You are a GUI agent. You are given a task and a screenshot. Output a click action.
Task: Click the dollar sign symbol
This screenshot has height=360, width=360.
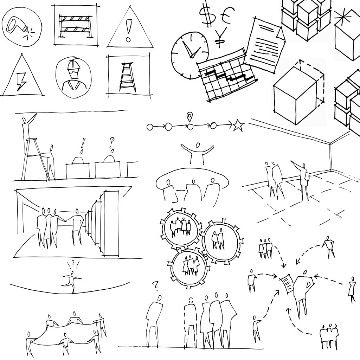(205, 13)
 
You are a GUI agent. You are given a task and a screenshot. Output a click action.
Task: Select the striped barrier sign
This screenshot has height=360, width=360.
(76, 25)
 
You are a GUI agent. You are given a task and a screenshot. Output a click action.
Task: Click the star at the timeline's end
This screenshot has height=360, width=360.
(238, 125)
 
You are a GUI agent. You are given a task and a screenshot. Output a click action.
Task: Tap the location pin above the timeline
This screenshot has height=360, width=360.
(190, 116)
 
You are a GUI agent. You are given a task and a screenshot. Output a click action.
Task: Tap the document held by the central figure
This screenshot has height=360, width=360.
(287, 283)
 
